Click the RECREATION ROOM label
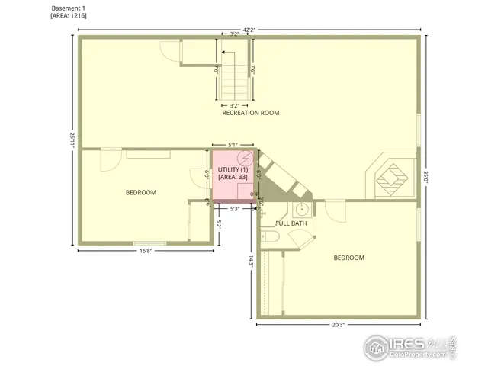[250, 113]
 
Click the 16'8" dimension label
[149, 250]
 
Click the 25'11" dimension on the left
[73, 140]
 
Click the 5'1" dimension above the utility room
[233, 143]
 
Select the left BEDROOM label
[141, 192]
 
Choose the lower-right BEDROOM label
[348, 258]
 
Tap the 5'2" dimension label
[219, 226]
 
